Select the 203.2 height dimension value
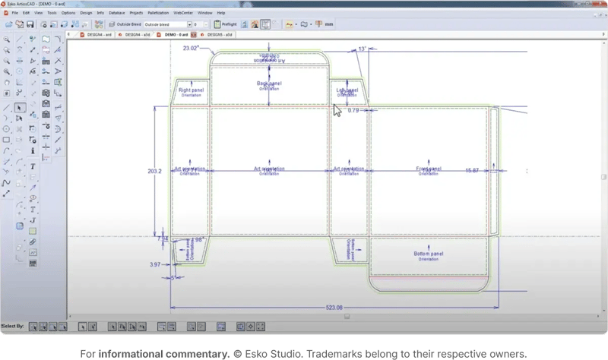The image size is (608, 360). [154, 172]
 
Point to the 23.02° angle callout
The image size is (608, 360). [192, 48]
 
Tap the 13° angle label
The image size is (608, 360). [363, 49]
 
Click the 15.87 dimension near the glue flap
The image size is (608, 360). [472, 171]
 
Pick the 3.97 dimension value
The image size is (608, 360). [155, 265]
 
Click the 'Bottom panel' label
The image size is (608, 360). [428, 253]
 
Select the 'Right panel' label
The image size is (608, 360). [191, 90]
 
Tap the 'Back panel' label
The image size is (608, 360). [268, 83]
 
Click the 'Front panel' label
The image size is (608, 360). [428, 168]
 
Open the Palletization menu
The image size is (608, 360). [157, 13]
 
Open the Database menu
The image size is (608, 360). [117, 13]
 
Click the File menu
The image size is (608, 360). [15, 13]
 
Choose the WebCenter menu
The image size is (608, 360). [183, 13]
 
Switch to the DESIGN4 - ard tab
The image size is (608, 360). [135, 34]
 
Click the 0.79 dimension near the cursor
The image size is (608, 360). [353, 111]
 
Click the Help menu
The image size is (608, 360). [220, 13]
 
